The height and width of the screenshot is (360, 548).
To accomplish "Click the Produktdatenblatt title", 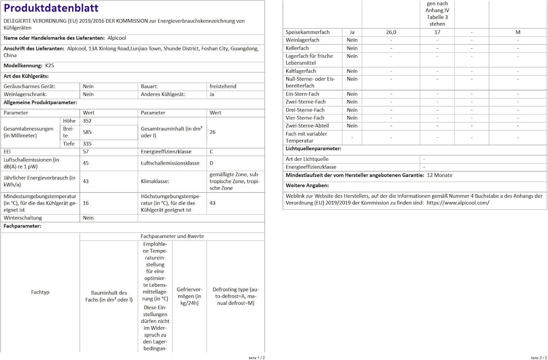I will click(51, 8).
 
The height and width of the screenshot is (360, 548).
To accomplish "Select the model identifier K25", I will click(50, 66).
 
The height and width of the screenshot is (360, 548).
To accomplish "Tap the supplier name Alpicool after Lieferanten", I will click(117, 38).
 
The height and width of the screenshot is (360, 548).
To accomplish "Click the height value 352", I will click(87, 121).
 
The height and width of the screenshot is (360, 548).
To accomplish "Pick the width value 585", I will click(87, 132).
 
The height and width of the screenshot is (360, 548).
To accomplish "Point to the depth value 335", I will click(87, 144).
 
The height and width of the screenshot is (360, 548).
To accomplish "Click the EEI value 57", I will click(86, 152).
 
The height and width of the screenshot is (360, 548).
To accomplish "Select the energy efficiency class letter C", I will click(211, 152).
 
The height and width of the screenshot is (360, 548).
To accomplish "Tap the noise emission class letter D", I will click(211, 163).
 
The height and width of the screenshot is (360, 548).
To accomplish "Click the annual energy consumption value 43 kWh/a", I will click(86, 181).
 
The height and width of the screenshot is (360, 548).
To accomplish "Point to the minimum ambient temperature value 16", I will click(86, 203).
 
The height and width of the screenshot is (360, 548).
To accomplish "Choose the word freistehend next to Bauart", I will click(223, 87).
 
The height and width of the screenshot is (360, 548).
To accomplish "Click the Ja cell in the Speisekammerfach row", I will click(352, 32).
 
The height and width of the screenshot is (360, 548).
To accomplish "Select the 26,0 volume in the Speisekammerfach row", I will click(391, 32).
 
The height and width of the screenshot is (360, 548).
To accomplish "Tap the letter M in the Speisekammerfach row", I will click(518, 32).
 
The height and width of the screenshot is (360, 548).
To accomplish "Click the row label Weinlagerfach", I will click(302, 40).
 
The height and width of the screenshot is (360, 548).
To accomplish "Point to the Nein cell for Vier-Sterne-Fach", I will click(352, 118).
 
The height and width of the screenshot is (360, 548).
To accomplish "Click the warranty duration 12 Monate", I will click(439, 175).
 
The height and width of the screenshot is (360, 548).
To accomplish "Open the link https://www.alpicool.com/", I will click(458, 203).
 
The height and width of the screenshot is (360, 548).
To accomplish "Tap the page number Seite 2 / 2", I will click(539, 358).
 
